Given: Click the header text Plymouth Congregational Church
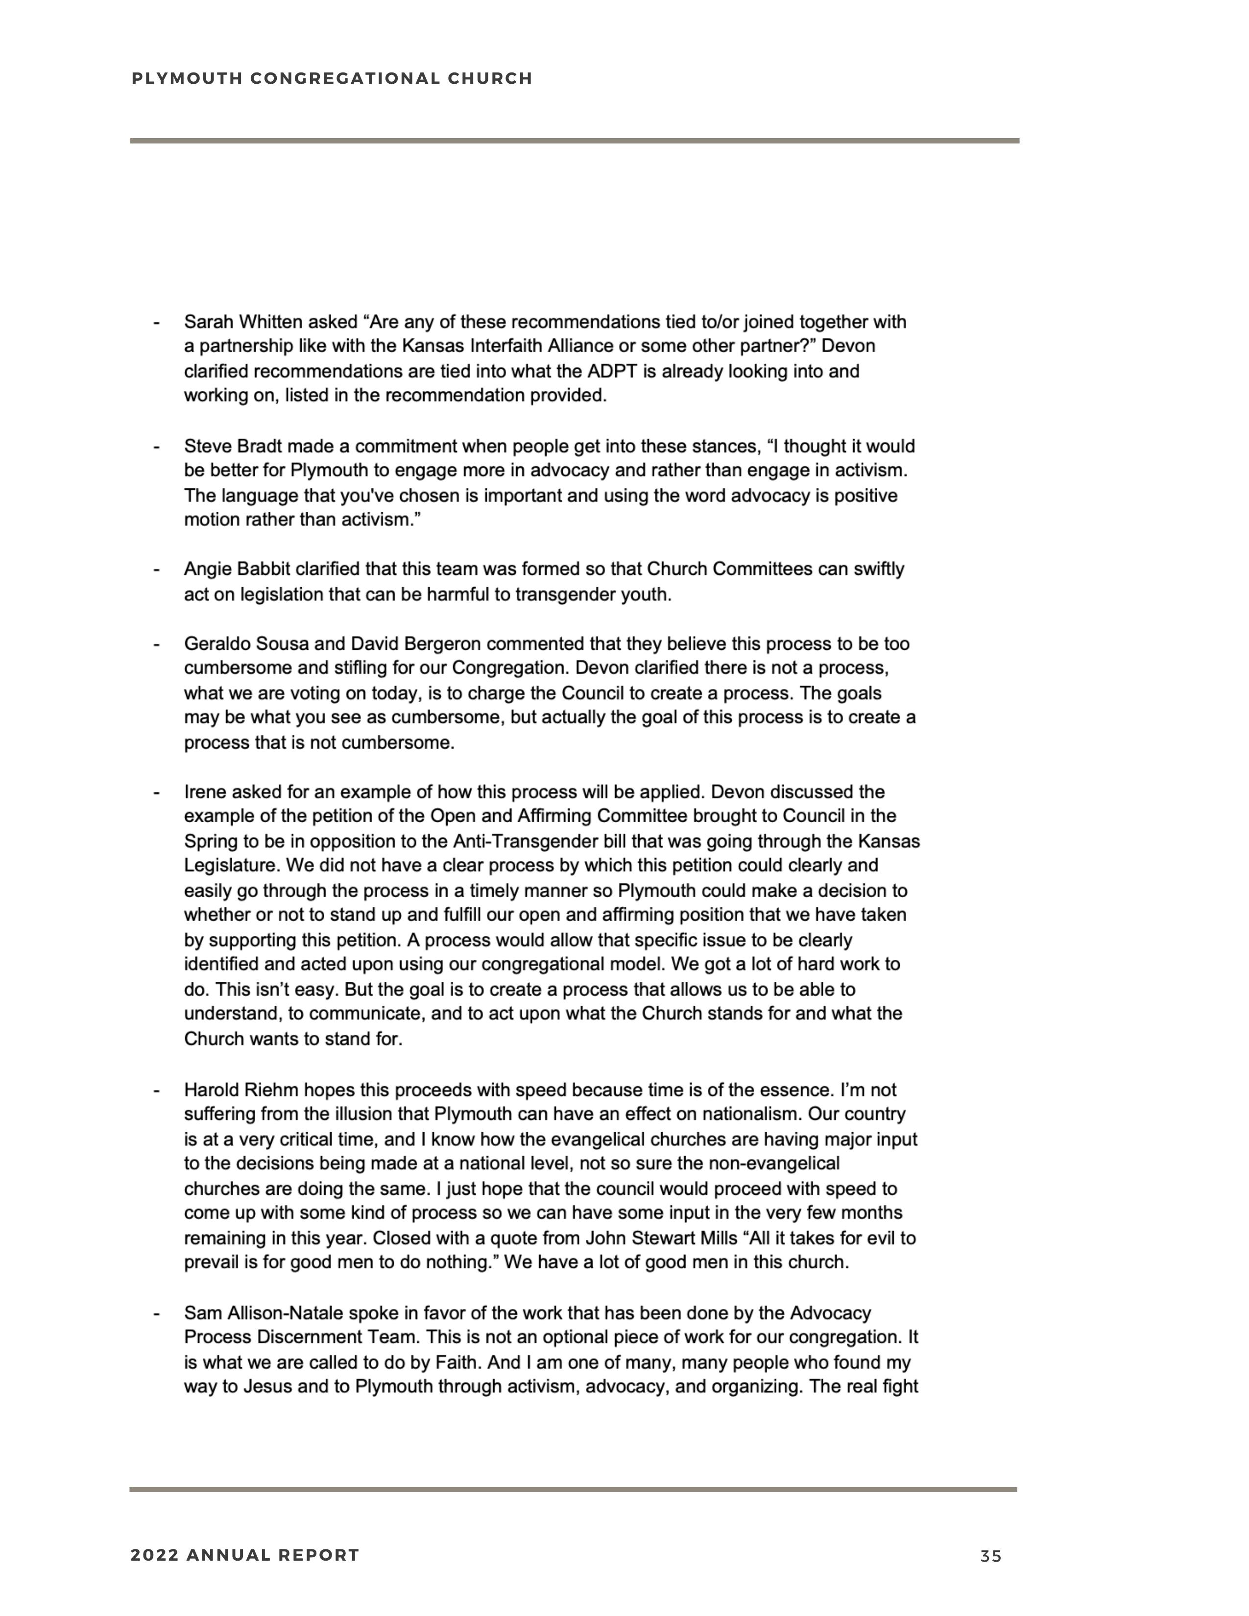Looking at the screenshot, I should (x=332, y=78).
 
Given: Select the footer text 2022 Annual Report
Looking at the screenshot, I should (x=245, y=1555).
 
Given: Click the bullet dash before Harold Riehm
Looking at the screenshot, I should (x=156, y=1090).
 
